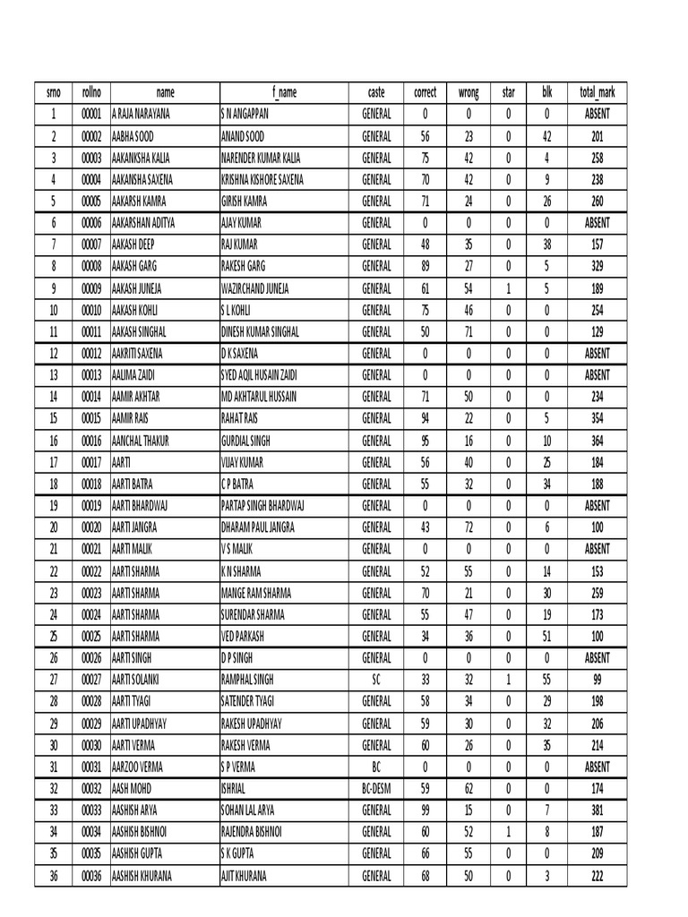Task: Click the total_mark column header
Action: (597, 92)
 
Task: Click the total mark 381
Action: (597, 810)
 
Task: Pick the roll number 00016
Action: (91, 441)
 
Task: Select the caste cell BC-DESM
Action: (376, 789)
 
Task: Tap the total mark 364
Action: (597, 441)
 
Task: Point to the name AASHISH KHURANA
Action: (142, 876)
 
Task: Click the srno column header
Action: (53, 92)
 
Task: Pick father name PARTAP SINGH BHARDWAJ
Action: (263, 506)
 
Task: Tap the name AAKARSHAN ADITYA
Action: (143, 223)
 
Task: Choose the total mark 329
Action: (597, 267)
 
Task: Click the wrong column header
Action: (469, 92)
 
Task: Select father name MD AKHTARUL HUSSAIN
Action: (259, 397)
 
